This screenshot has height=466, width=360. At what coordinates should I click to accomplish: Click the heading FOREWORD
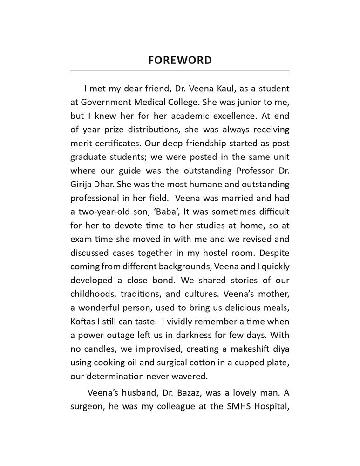[180, 60]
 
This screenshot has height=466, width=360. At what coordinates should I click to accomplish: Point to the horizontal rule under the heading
[180, 71]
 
